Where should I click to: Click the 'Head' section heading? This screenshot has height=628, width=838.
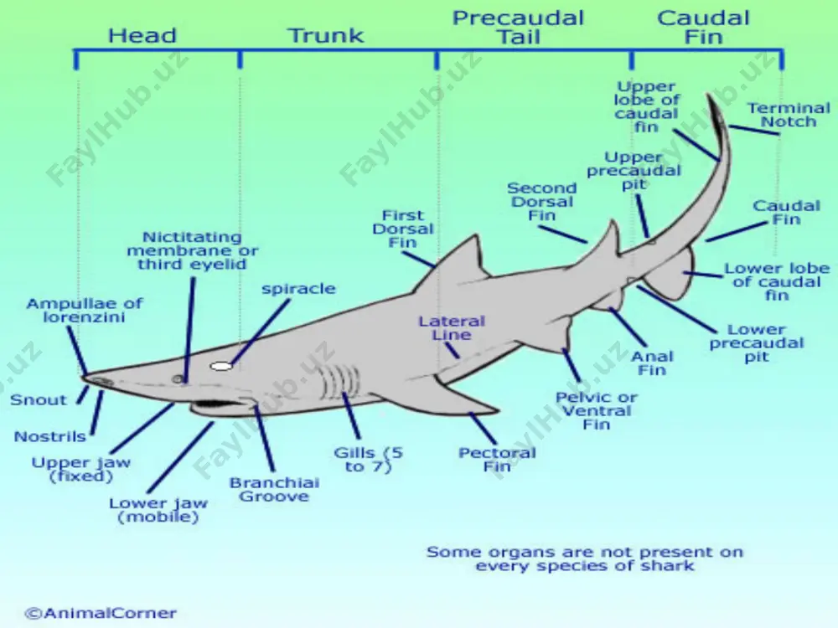point(142,36)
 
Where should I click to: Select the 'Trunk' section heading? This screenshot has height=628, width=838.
point(327,36)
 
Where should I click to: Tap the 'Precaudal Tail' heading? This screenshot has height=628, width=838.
point(519,28)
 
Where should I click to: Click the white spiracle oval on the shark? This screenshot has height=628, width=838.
point(221,367)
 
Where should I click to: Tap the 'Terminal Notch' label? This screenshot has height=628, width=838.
point(789,115)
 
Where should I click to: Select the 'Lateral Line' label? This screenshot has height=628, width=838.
point(452,328)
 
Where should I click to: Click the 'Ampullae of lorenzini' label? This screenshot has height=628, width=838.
point(85,311)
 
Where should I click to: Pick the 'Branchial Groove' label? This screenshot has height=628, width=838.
point(274,490)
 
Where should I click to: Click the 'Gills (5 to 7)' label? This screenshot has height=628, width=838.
point(368,460)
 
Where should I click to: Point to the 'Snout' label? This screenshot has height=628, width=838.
point(39,400)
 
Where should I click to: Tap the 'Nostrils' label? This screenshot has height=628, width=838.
point(49,436)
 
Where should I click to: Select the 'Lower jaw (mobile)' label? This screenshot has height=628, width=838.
point(158,510)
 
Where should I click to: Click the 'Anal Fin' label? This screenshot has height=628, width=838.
point(653,363)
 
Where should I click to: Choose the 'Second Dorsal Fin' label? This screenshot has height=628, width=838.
point(542,202)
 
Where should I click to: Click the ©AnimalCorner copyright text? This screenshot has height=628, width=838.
point(101,613)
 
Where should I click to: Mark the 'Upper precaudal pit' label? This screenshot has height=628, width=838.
point(634,171)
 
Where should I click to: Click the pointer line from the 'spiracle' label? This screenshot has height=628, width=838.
point(261,332)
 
